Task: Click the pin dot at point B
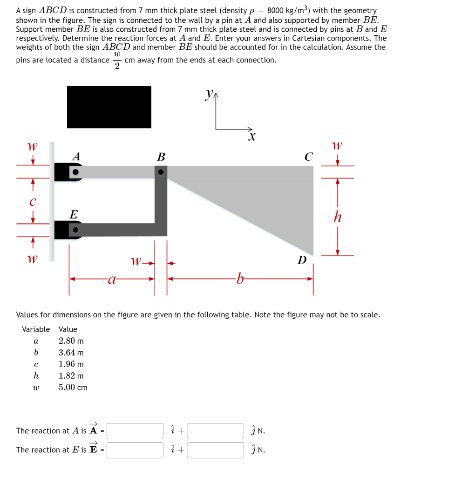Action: point(161,172)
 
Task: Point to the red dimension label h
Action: point(338,217)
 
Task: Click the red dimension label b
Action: point(240,279)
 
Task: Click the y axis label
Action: point(209,94)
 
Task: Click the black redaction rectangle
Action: point(109,107)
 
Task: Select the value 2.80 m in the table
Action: point(71,341)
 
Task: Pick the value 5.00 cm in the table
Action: point(73,388)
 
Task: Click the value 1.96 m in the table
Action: point(71,364)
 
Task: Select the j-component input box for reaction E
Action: point(215,450)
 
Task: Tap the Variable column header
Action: point(36,329)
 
